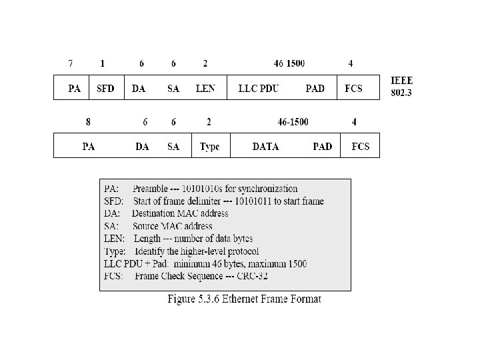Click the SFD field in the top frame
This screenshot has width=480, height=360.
click(x=105, y=88)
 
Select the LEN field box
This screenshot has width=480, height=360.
click(x=205, y=88)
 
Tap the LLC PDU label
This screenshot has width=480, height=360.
click(x=259, y=88)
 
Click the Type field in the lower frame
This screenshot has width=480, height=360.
click(x=210, y=147)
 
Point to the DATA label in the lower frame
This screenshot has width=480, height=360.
click(x=265, y=147)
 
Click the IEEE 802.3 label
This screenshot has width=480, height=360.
click(x=401, y=87)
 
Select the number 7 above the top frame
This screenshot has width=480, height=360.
click(x=70, y=64)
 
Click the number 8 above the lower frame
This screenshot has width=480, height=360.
click(x=88, y=122)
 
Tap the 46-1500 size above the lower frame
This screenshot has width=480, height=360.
click(x=293, y=122)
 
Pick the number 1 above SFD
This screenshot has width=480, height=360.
click(x=102, y=64)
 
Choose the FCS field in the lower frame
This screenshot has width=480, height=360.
click(x=360, y=147)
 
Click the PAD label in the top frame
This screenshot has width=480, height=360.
click(x=315, y=88)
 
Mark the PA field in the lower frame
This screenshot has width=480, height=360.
click(x=88, y=147)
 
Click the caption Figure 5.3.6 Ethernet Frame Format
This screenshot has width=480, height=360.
click(x=243, y=299)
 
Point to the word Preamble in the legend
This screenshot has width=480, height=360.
click(x=150, y=189)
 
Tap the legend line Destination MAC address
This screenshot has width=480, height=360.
click(x=180, y=213)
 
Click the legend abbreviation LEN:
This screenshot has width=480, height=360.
click(x=113, y=239)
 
